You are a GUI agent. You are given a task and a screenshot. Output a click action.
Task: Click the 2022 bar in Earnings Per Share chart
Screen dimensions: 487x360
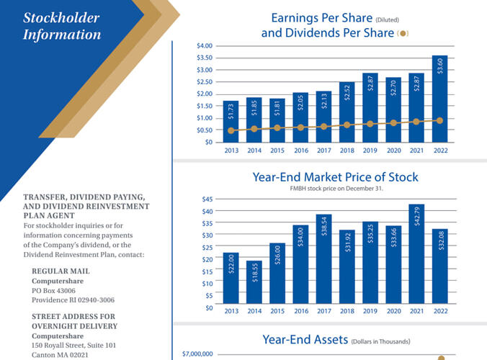pyautogui.click(x=439, y=99)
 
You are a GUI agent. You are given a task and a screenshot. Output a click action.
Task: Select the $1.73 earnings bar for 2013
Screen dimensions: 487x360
pyautogui.click(x=231, y=122)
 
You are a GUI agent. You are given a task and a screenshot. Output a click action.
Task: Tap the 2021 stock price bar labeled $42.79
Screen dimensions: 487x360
pyautogui.click(x=416, y=254)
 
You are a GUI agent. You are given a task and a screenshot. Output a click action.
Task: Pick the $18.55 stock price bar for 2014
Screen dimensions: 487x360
pyautogui.click(x=254, y=282)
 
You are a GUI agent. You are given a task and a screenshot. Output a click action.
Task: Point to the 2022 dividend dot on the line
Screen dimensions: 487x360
pyautogui.click(x=439, y=120)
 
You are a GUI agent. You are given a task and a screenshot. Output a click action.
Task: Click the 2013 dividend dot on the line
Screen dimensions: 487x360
pyautogui.click(x=231, y=130)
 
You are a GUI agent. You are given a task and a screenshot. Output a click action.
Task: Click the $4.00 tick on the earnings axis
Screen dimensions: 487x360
pyautogui.click(x=205, y=46)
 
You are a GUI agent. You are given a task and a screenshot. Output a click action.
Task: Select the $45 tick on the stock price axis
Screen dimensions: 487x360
pyautogui.click(x=207, y=199)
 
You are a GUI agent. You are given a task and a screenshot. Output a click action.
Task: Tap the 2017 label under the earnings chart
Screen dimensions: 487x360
pyautogui.click(x=324, y=150)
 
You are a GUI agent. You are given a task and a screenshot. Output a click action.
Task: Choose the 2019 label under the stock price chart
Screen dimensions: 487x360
pyautogui.click(x=370, y=311)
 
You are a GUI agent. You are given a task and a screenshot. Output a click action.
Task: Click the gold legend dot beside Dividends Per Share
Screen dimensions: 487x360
pyautogui.click(x=403, y=34)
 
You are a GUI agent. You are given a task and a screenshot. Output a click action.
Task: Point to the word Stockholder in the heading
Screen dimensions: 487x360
pyautogui.click(x=61, y=18)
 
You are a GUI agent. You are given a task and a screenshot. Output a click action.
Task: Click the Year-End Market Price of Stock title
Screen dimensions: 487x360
pyautogui.click(x=336, y=177)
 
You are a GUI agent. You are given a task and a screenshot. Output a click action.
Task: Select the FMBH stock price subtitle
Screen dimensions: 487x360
pyautogui.click(x=336, y=189)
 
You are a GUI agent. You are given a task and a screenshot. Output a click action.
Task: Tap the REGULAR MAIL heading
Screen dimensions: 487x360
pyautogui.click(x=61, y=271)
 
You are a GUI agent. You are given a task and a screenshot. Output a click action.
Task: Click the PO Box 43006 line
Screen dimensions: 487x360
pyautogui.click(x=53, y=291)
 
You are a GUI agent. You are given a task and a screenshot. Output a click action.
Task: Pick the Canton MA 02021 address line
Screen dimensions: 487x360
pyautogui.click(x=60, y=355)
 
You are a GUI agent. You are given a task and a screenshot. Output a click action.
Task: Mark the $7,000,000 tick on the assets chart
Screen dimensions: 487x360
pyautogui.click(x=197, y=354)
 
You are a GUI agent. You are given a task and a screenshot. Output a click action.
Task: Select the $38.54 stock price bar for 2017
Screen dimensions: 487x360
pyautogui.click(x=324, y=258)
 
